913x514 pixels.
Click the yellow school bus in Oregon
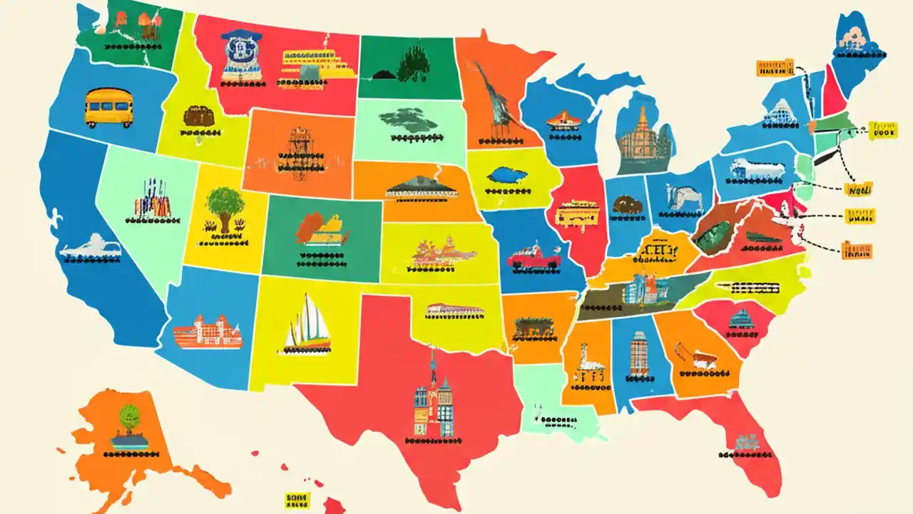pos(108,107)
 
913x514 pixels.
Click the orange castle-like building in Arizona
pos(208,331)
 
